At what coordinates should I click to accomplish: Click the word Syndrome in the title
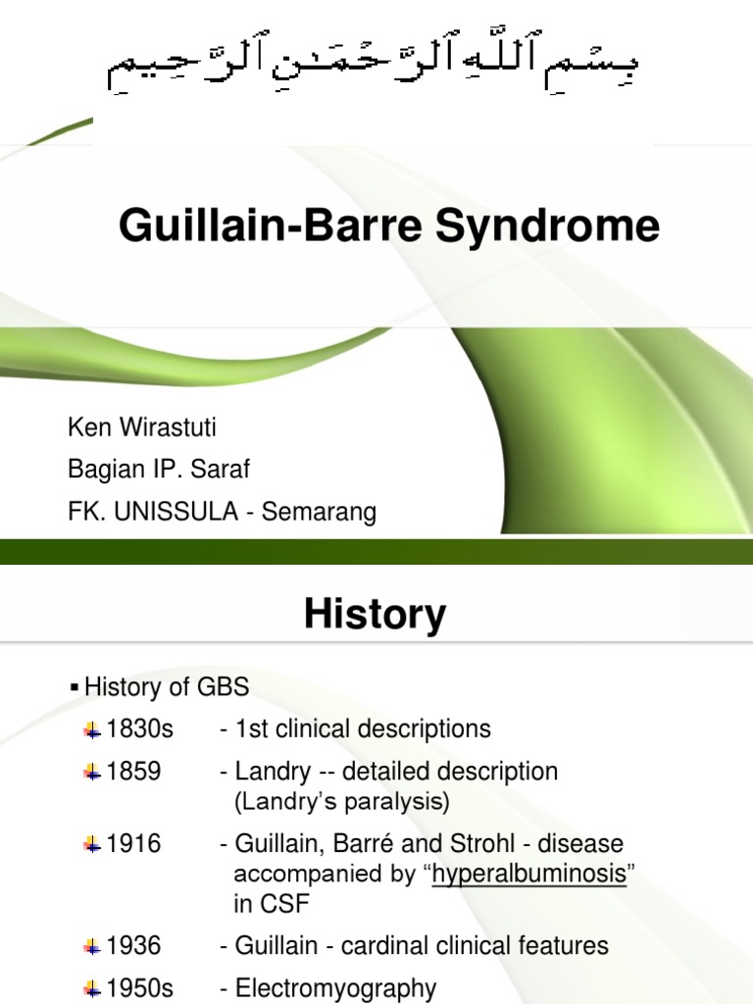547,226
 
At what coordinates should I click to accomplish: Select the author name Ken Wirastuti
141,427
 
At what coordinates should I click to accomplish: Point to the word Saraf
221,470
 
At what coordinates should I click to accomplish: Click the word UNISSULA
176,512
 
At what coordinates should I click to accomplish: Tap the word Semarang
319,513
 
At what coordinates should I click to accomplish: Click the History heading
375,614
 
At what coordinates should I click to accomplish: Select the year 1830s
139,728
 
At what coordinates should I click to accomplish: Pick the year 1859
133,771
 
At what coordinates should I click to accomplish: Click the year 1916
133,843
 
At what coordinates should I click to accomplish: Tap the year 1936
133,945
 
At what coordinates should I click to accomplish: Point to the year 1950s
139,987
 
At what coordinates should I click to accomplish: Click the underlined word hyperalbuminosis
528,874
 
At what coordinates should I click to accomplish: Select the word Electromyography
336,988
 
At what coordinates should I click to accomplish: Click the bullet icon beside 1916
93,845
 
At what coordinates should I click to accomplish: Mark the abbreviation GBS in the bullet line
223,686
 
